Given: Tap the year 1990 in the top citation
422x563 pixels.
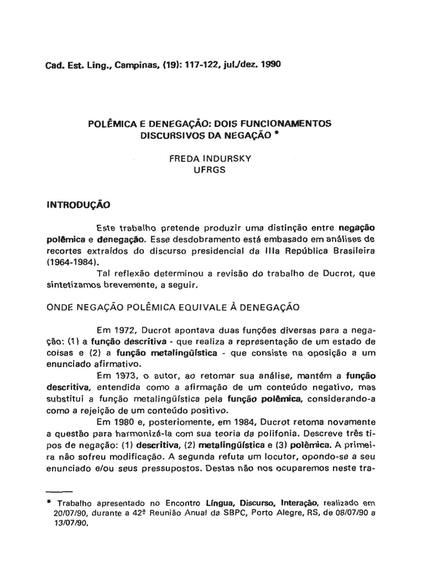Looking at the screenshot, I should pos(270,64).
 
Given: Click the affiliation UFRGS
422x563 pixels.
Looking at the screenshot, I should pos(209,169).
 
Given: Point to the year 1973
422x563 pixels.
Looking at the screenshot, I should pos(132,377).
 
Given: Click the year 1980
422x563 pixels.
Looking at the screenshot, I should pos(132,423).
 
